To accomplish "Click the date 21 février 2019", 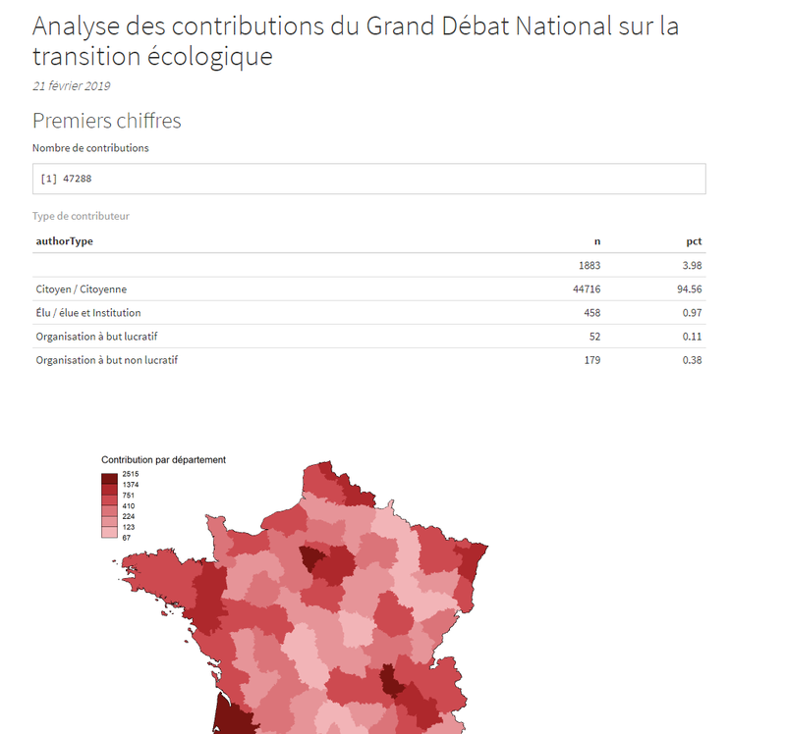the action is [x=71, y=86].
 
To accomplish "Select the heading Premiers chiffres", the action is [x=107, y=121].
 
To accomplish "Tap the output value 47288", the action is [x=78, y=179].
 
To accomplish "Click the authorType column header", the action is [x=64, y=241].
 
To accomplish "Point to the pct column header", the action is [x=694, y=241].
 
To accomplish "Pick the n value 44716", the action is [x=587, y=288].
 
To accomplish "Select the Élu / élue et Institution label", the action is [x=88, y=313].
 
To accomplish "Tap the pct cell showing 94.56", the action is [x=690, y=288].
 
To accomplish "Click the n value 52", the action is [x=594, y=337].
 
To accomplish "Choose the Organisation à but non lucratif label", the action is [x=107, y=360].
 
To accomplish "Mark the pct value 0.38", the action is [x=692, y=360].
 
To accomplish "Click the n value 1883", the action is [x=589, y=265].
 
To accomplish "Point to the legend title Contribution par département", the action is [x=163, y=459].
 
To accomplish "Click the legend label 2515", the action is [x=131, y=474].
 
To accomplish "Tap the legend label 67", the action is [x=127, y=538].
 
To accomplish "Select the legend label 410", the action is [x=129, y=505].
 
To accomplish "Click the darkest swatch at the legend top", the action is [x=109, y=479].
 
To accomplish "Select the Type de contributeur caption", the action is [x=81, y=216].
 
